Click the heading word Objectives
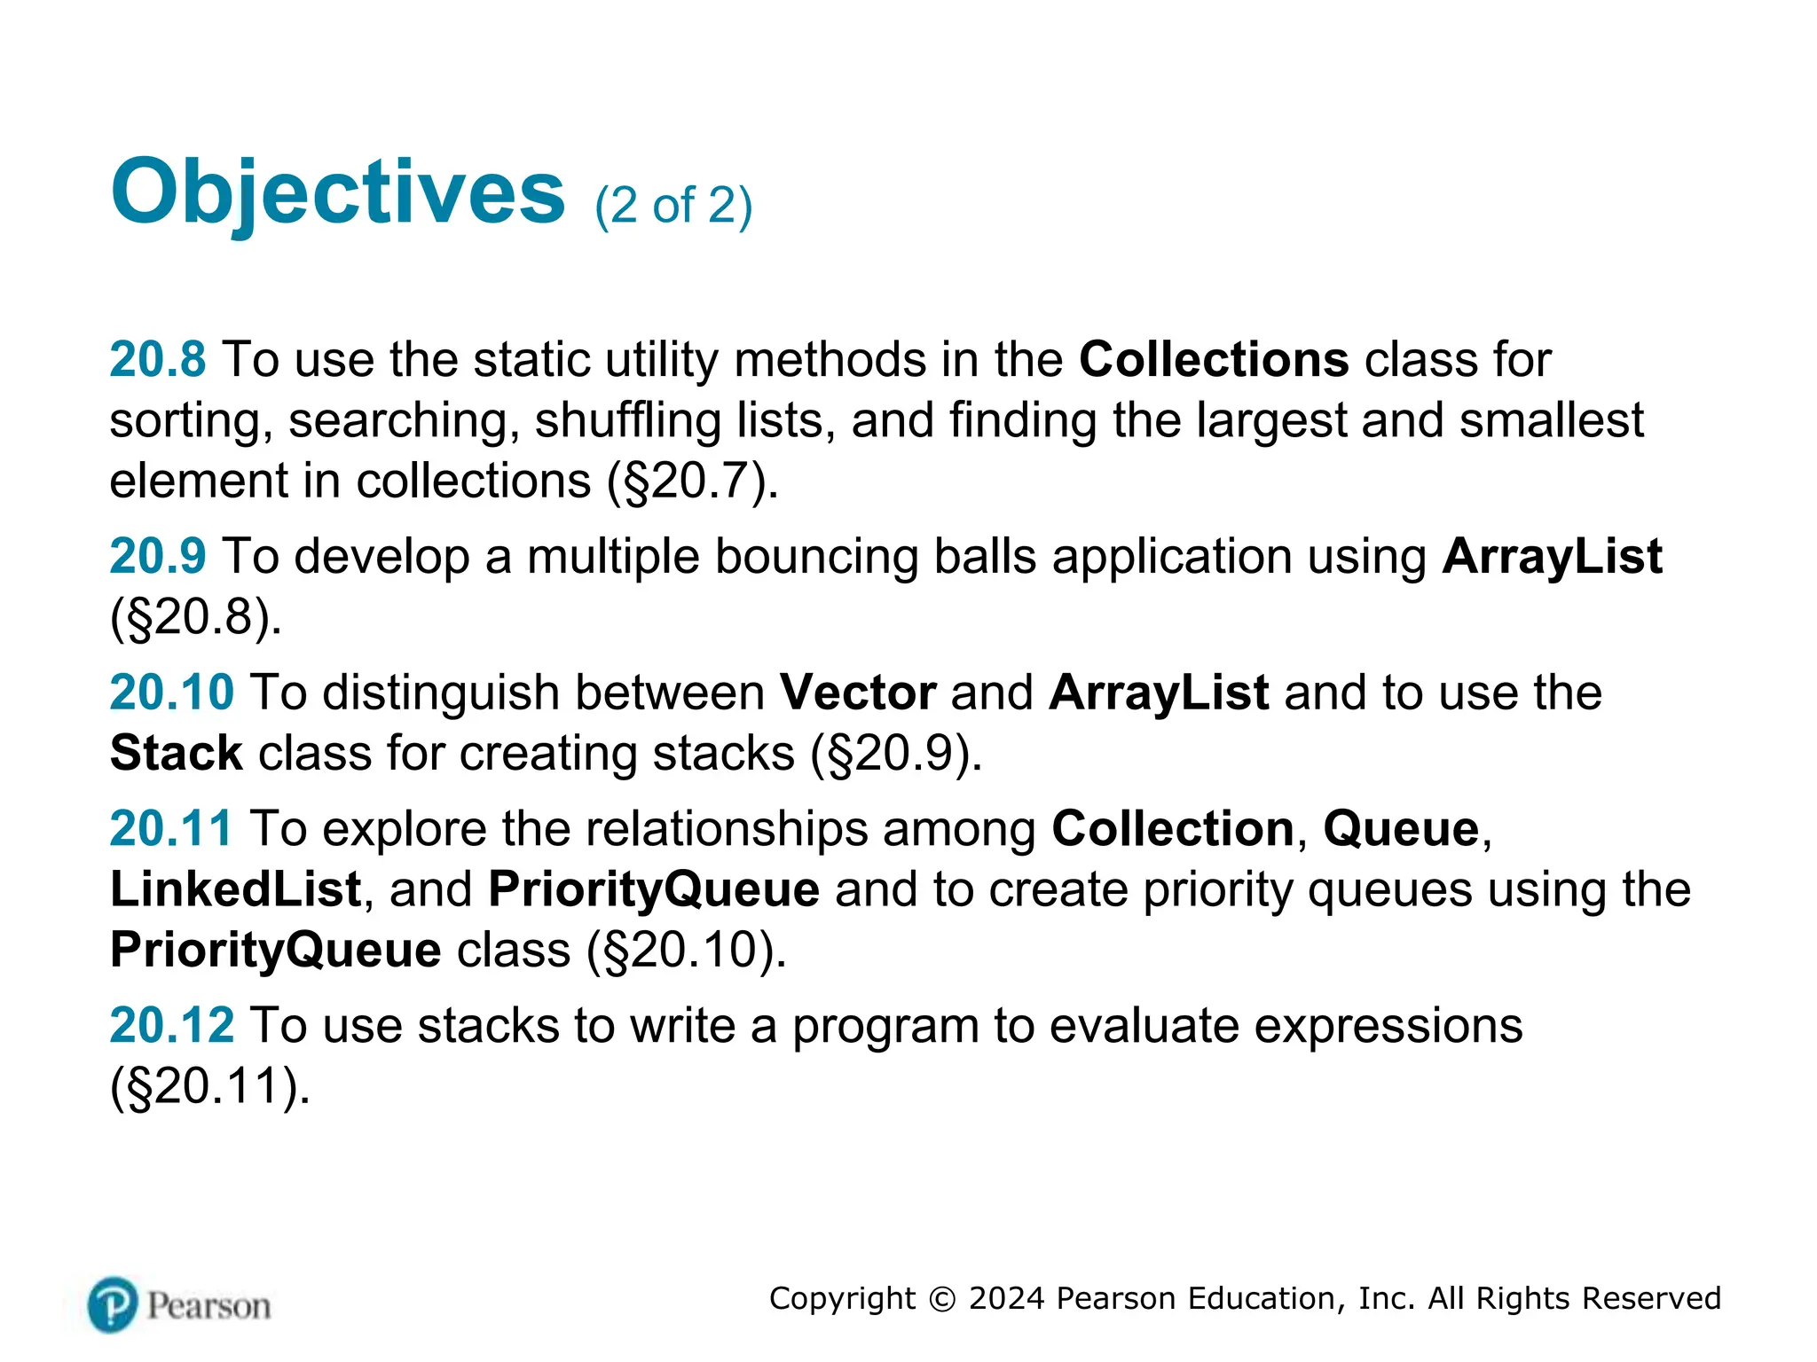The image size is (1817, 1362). click(337, 193)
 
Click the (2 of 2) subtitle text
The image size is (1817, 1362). click(673, 206)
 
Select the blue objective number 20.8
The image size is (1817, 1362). click(157, 360)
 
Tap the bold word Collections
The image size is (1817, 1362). click(1214, 360)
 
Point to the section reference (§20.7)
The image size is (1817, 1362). click(691, 481)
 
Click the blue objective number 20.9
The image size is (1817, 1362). click(157, 557)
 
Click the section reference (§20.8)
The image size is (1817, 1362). click(195, 617)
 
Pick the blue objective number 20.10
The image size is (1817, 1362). click(171, 693)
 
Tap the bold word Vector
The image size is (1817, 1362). click(857, 693)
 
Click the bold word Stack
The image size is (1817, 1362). click(176, 753)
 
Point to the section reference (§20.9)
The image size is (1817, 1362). click(896, 753)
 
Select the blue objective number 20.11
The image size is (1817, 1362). click(171, 829)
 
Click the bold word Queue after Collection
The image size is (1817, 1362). click(1401, 829)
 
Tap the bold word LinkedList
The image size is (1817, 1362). click(235, 889)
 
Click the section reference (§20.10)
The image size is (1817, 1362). click(686, 950)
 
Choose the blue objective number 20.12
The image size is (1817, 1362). click(171, 1026)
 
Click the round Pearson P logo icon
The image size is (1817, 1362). click(113, 1304)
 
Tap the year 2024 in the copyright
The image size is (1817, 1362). click(1006, 1298)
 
